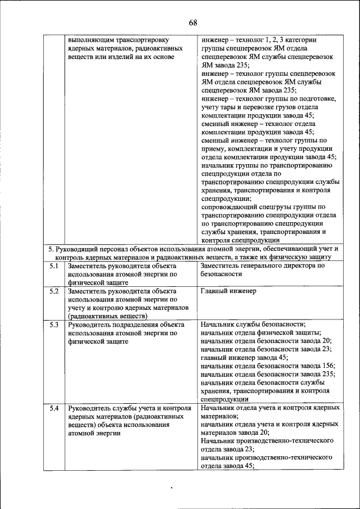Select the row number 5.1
pos(54,265)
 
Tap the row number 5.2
pos(54,291)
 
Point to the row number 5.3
pos(54,325)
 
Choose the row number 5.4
pos(54,407)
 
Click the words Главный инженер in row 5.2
pos(228,291)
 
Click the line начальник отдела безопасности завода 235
pos(268,373)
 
